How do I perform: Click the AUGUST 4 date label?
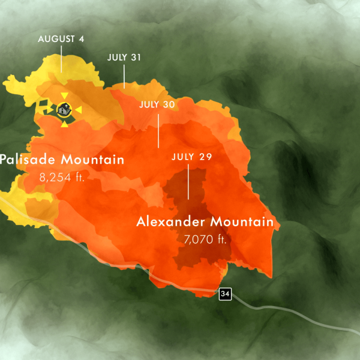(61, 39)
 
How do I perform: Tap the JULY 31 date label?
(124, 58)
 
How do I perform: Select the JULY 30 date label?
(157, 104)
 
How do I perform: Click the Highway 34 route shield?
(225, 293)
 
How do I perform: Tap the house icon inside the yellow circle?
(64, 110)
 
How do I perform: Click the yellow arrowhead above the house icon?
(64, 96)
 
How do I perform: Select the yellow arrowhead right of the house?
(78, 110)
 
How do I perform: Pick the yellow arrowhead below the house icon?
(64, 124)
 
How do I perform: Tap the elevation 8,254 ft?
(62, 178)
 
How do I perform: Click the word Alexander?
(170, 222)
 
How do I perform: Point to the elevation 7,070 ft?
(205, 239)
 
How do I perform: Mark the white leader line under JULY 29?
(188, 183)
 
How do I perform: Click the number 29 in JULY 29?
(205, 157)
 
